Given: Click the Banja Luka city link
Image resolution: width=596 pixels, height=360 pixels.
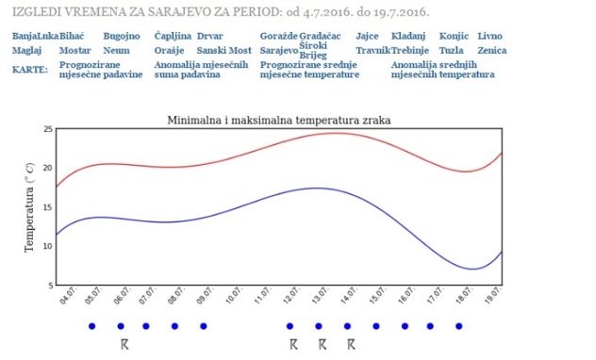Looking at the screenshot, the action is coord(35,36).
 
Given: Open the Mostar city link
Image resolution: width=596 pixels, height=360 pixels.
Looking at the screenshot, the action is coord(74,51).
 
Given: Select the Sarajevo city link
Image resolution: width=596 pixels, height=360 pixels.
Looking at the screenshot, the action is coord(279,51).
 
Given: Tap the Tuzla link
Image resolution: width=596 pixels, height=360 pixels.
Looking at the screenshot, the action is coord(451,51).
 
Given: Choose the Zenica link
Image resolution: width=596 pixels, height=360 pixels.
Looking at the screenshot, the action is coord(492,51).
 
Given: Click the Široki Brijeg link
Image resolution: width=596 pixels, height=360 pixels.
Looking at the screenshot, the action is coord(313,51).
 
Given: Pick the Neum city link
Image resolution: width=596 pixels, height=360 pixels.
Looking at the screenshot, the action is coord(116,51).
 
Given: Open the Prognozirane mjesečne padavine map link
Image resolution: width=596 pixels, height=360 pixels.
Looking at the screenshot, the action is coord(101,70).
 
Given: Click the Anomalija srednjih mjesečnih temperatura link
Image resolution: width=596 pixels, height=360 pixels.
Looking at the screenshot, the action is coord(443,70).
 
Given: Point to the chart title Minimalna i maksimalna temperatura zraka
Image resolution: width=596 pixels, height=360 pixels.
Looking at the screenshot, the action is coord(279,121).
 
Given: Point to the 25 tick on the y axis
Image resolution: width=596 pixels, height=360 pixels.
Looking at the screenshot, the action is coord(48,129).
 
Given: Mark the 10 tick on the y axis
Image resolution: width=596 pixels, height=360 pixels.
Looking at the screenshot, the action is coord(48,246).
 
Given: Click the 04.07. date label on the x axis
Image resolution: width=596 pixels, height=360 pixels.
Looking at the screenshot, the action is coord(69,296).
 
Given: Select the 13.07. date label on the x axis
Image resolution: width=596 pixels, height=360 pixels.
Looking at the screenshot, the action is coord(321,296).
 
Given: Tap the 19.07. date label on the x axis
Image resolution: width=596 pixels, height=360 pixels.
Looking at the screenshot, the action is coord(493,296).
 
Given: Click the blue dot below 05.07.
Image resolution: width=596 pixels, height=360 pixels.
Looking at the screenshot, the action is coord(92,326).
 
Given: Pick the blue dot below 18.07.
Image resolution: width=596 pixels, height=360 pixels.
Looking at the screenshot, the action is coord(458,326).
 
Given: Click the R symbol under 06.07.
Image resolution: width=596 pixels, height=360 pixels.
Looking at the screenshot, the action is coord(124,344).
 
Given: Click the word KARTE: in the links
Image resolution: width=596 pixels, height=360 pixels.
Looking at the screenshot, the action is coord(30,70).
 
